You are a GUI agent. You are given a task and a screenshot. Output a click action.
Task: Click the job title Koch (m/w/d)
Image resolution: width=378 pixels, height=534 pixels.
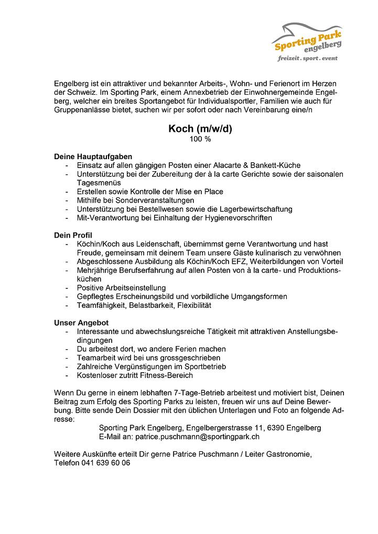[200, 129]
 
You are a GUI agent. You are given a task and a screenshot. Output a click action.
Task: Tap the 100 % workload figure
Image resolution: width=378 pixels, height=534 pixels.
[200, 140]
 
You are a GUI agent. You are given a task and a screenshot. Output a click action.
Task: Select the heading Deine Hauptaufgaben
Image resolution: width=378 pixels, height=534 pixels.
[93, 157]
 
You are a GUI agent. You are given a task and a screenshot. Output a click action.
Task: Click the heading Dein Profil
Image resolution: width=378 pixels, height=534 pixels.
[73, 235]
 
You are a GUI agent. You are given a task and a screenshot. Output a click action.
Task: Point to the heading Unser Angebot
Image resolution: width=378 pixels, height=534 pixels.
[81, 322]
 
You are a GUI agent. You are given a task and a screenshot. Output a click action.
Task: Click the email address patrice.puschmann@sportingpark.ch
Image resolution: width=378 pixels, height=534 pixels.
[197, 437]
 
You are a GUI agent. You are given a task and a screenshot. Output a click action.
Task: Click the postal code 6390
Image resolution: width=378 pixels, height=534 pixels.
[276, 428]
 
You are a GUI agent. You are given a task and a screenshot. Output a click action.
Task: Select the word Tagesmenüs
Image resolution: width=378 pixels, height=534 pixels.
[99, 183]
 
